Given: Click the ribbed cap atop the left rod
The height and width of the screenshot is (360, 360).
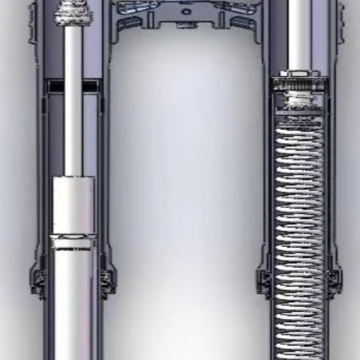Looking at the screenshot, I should tap(73, 13).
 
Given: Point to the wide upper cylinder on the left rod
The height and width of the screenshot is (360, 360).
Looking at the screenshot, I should tap(74, 205).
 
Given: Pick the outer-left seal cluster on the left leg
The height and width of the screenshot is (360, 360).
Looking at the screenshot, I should tap(39, 280).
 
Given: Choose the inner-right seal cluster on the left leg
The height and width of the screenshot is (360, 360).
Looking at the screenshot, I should tap(107, 280).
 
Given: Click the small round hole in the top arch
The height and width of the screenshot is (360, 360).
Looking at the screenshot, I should tap(186, 11).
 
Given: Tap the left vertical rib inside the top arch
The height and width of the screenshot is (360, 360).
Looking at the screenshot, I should tap(151, 19).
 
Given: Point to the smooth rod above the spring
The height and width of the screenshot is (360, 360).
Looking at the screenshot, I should tap(299, 34).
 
